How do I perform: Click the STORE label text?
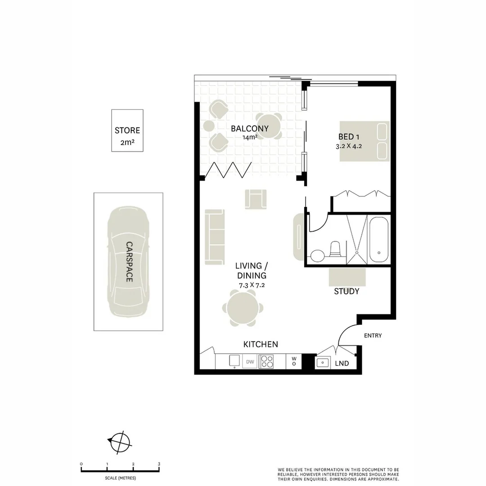[127, 130]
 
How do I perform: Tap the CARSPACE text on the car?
[129, 262]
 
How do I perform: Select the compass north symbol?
[120, 443]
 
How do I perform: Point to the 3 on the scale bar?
[159, 464]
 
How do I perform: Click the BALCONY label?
[250, 128]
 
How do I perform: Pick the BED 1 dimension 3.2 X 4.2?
[349, 146]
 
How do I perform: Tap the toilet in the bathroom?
[335, 249]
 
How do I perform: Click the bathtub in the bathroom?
[379, 239]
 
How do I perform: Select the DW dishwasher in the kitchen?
[250, 362]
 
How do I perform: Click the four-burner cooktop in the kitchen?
[266, 362]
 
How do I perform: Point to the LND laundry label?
[342, 363]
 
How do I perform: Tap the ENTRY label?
[373, 335]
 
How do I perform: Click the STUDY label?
[346, 291]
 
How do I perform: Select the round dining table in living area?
[243, 308]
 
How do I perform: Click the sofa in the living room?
[215, 237]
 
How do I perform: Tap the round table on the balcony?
[269, 126]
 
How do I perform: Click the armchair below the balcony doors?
[256, 199]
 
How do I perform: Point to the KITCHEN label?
[261, 344]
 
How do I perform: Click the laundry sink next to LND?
[323, 362]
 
